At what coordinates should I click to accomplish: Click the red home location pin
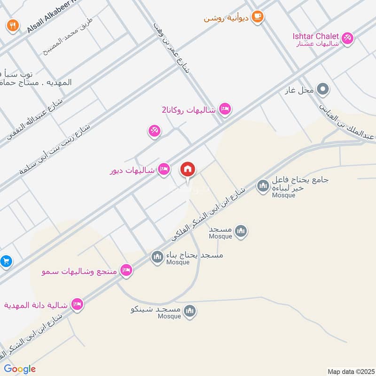click(x=188, y=170)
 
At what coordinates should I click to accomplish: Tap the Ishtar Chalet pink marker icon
click(x=347, y=37)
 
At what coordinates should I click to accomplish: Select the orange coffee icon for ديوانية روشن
click(x=258, y=17)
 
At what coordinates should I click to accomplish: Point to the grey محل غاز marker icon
click(x=322, y=88)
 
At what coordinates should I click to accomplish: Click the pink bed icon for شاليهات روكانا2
click(x=225, y=110)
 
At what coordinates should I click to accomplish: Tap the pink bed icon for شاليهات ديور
click(x=164, y=169)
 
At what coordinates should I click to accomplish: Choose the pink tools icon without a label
click(x=154, y=131)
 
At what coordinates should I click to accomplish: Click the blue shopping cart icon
click(x=6, y=261)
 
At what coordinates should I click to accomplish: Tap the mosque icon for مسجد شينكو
click(x=190, y=310)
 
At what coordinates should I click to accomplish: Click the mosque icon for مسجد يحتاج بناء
click(x=157, y=257)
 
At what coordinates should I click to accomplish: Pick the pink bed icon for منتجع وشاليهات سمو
click(x=125, y=270)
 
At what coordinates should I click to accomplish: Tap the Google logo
click(x=20, y=369)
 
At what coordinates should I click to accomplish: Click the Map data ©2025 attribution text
click(x=350, y=371)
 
